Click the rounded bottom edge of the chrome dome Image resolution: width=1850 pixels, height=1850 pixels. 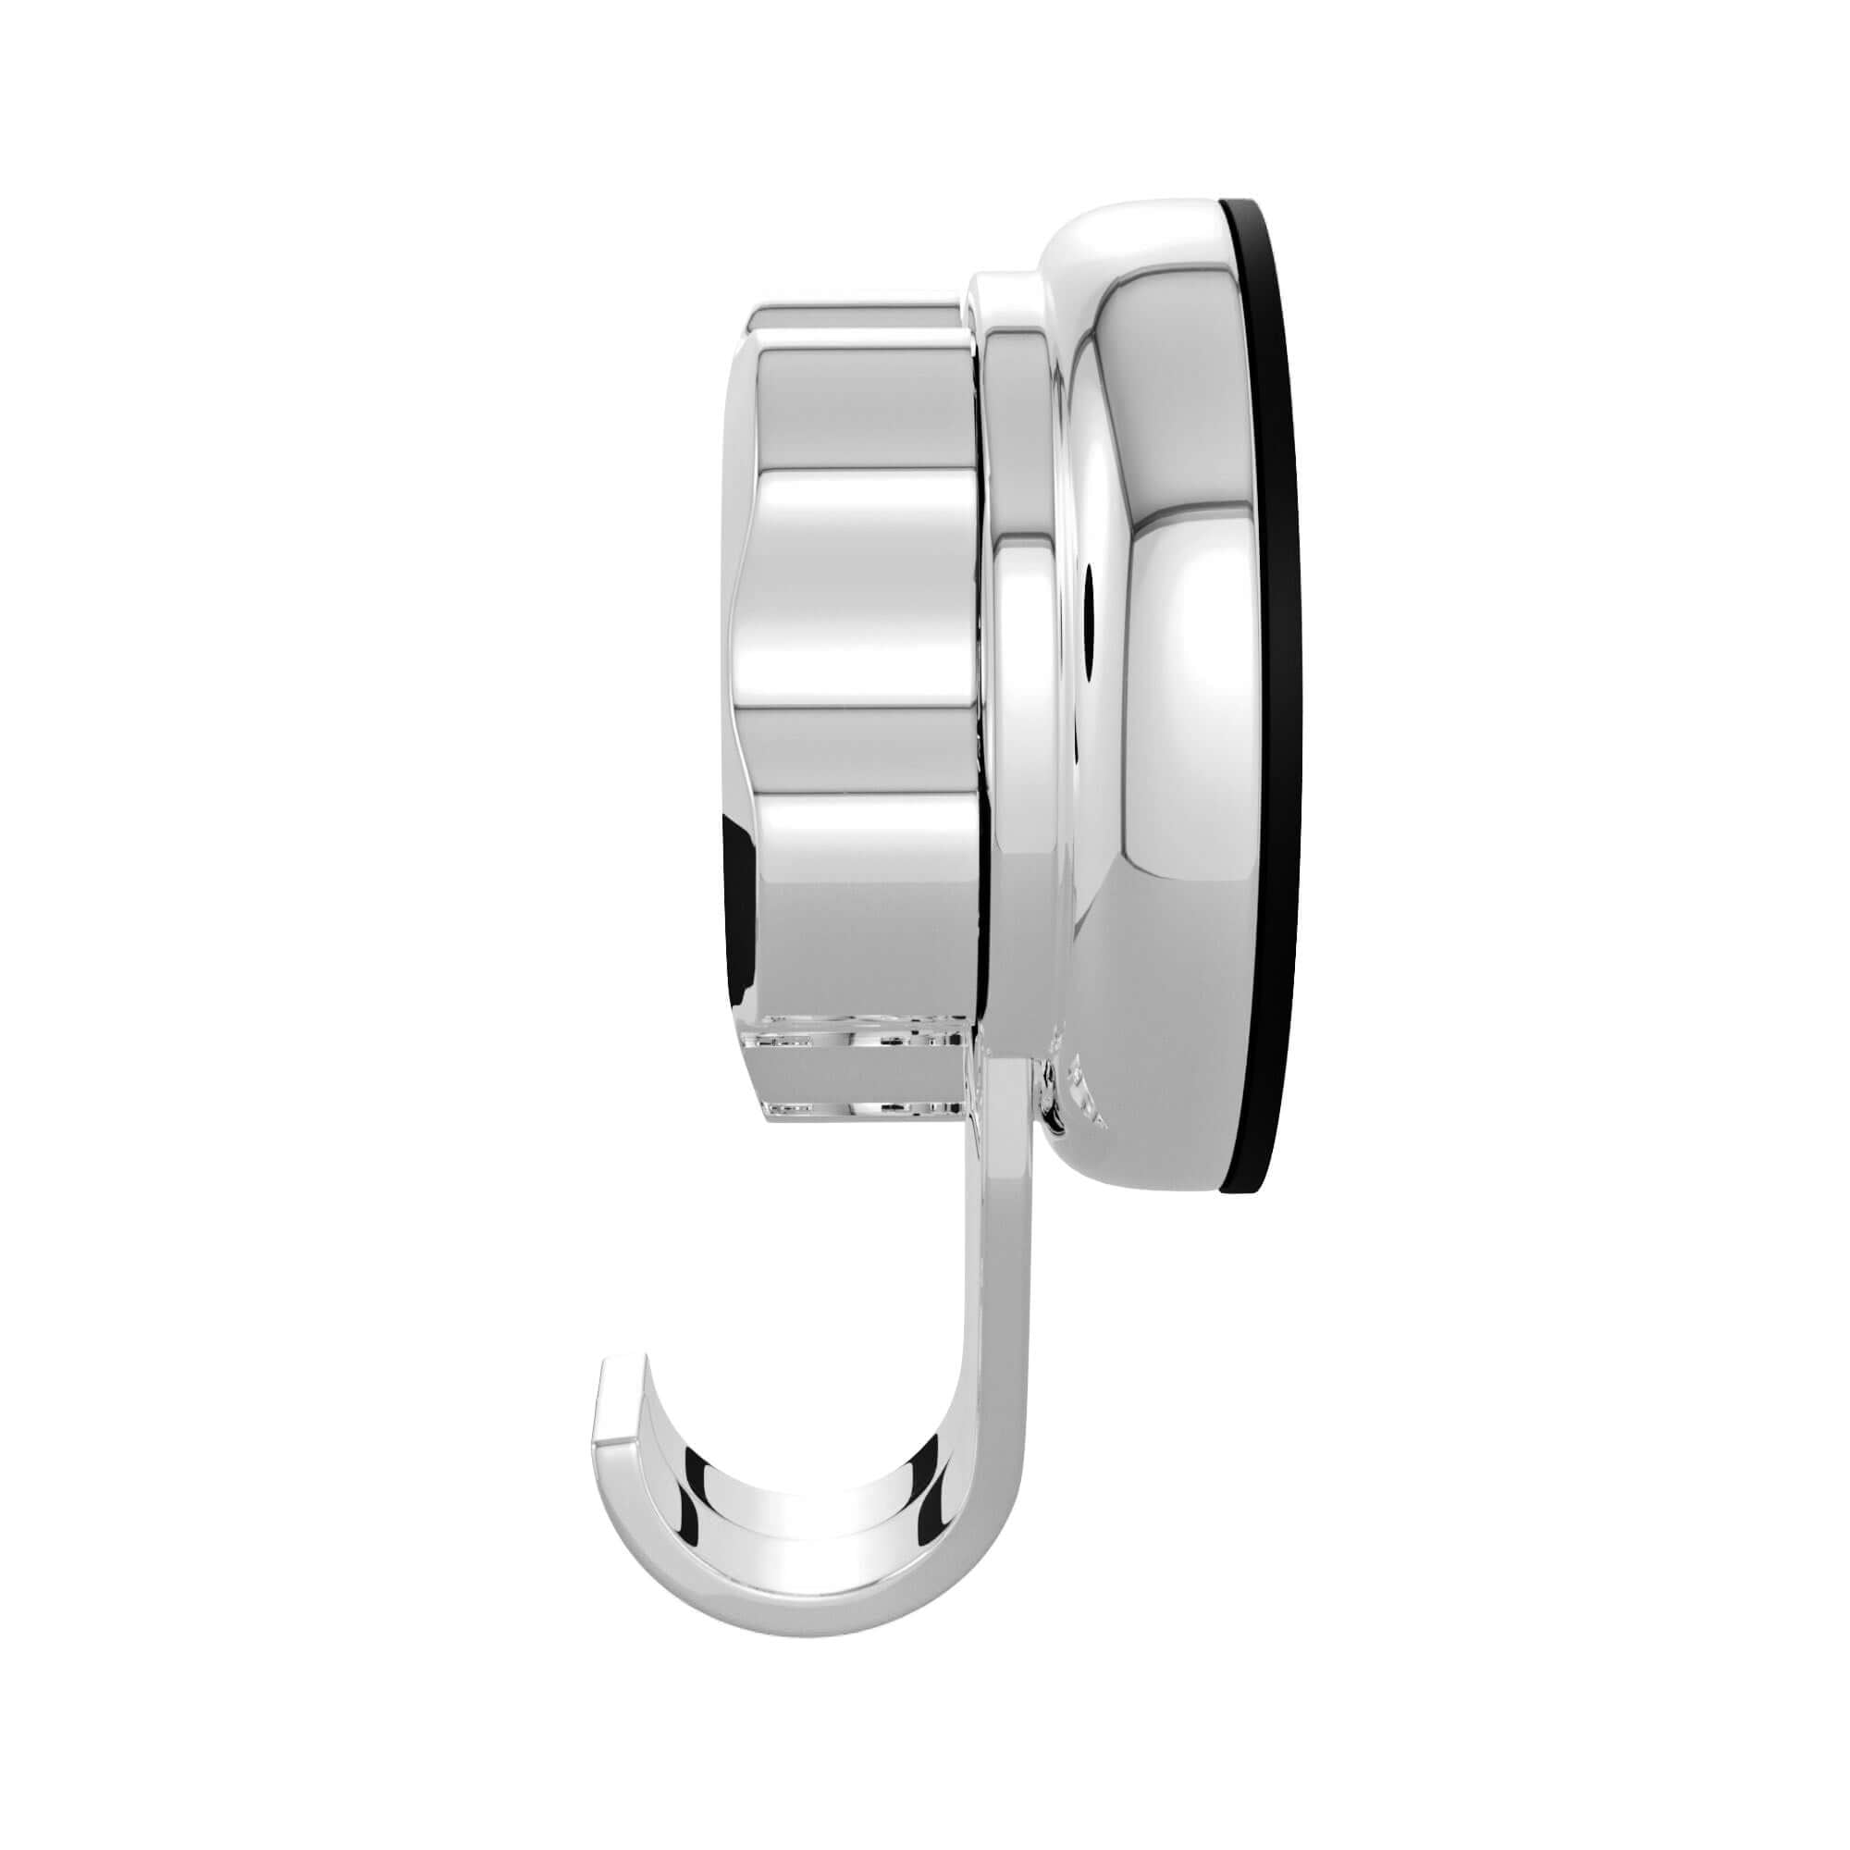click(x=1149, y=1173)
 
